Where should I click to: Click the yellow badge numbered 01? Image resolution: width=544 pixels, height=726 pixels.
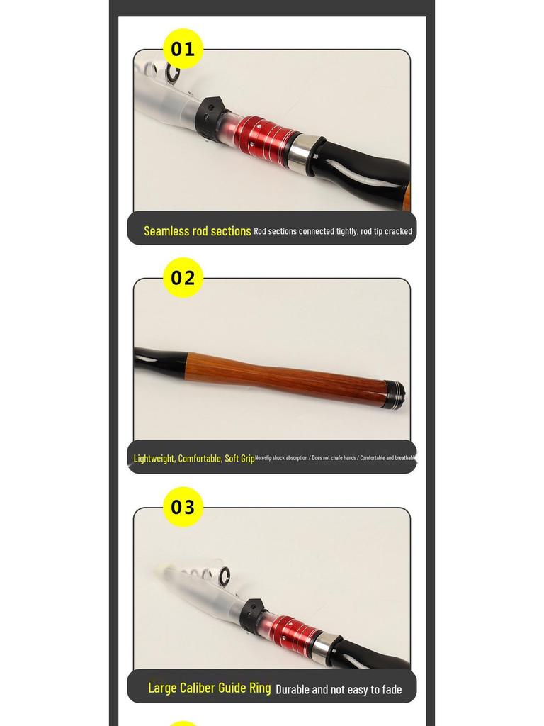point(183,49)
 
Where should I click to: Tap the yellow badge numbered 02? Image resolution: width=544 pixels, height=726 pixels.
point(183,278)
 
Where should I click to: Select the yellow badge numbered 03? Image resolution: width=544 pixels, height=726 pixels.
point(183,507)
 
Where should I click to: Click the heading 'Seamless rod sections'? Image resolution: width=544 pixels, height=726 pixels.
point(197,231)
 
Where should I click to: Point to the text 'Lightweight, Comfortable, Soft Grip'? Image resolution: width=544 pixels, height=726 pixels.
point(194,459)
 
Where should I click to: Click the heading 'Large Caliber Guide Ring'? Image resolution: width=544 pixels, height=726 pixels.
point(209,688)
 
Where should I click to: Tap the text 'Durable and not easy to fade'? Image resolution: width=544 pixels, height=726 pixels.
point(339,689)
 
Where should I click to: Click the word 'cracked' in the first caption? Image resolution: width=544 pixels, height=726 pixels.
point(398,231)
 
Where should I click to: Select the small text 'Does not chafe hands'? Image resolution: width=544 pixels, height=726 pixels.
point(334,458)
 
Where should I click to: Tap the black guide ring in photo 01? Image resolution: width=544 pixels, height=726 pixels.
point(173,71)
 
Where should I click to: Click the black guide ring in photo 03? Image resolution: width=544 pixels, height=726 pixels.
point(224,576)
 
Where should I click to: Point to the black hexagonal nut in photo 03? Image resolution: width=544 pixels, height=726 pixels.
point(252,614)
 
